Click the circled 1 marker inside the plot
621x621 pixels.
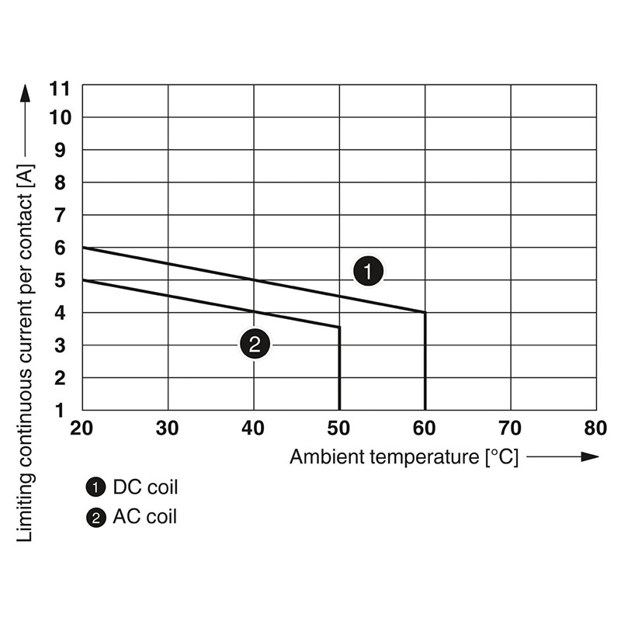click(x=369, y=272)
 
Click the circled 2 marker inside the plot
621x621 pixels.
click(x=255, y=343)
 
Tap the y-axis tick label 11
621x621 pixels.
click(x=60, y=88)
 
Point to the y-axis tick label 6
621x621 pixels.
click(x=60, y=248)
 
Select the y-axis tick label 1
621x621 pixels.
click(x=60, y=410)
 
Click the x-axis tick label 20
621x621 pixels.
click(x=82, y=428)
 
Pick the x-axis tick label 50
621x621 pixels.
click(x=339, y=428)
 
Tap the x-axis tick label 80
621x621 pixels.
click(x=595, y=428)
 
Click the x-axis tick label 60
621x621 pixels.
click(x=425, y=428)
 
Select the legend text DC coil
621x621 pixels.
click(x=145, y=487)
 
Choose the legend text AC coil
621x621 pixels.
click(x=145, y=516)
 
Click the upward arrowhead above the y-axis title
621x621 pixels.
click(x=25, y=93)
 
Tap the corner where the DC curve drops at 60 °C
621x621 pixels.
click(x=425, y=312)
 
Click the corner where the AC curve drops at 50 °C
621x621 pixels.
click(x=339, y=327)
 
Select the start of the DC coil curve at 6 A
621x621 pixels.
click(x=83, y=248)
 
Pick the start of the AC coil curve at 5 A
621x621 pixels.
click(x=83, y=280)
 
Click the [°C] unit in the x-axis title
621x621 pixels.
click(x=501, y=457)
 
